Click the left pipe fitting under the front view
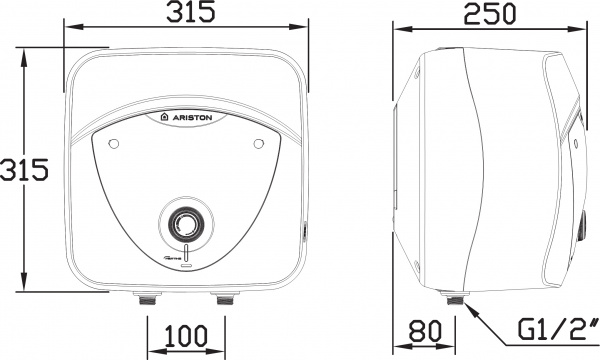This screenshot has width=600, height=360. tap(146, 298)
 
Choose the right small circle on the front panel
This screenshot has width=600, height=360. tap(258, 144)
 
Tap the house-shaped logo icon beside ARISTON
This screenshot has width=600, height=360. tap(165, 117)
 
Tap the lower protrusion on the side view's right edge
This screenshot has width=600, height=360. tap(580, 225)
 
